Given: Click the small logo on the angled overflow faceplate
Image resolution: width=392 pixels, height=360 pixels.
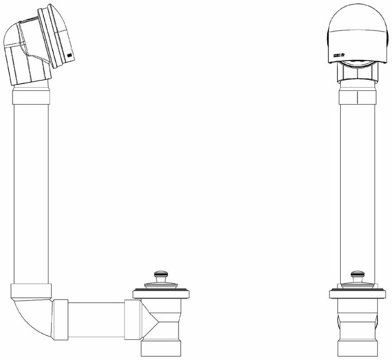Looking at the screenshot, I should pyautogui.click(x=70, y=56).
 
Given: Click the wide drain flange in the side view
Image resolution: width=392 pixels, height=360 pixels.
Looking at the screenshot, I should pyautogui.click(x=161, y=295).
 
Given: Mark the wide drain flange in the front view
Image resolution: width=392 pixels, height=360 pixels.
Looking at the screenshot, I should pyautogui.click(x=357, y=295).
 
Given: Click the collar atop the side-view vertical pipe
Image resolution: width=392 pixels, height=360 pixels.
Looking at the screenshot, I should pyautogui.click(x=31, y=97).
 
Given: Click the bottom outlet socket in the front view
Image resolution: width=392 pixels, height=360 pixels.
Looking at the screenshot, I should pyautogui.click(x=357, y=347).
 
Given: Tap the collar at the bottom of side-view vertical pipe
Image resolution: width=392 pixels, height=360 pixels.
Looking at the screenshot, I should pyautogui.click(x=31, y=290).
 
